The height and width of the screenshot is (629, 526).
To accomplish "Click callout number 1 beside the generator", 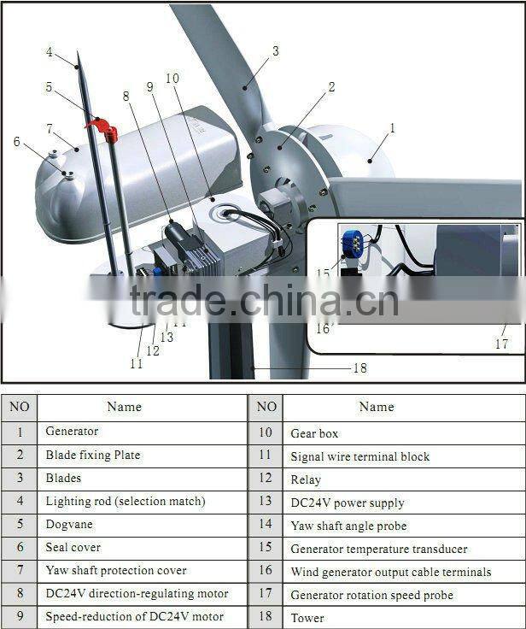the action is tap(392, 128).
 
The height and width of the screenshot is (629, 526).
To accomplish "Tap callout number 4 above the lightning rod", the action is tap(49, 52).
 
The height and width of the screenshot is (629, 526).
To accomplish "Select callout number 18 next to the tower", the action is tap(359, 368).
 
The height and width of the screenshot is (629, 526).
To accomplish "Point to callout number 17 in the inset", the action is tap(501, 344).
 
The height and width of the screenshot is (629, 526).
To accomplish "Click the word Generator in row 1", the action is tap(72, 432).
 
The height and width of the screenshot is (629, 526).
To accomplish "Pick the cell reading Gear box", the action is tap(314, 433).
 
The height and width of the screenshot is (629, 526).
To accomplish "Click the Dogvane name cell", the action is tap(69, 524).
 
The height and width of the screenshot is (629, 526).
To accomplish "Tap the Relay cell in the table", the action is tap(306, 479).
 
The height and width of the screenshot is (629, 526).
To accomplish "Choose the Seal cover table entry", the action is tap(73, 547).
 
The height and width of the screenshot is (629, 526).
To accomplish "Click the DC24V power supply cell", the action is tap(347, 503).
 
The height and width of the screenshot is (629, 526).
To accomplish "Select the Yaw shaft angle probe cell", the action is tap(348, 526).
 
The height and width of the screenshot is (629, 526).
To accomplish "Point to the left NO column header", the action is tap(19, 407).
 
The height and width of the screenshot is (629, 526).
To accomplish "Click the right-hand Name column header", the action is tap(377, 407).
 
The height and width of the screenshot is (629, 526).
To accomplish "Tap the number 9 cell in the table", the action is tap(19, 616).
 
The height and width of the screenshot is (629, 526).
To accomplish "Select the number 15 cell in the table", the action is tap(266, 548).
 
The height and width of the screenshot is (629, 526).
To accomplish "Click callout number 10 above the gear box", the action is tap(172, 78).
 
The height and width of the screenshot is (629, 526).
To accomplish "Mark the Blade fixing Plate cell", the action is tap(92, 455).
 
